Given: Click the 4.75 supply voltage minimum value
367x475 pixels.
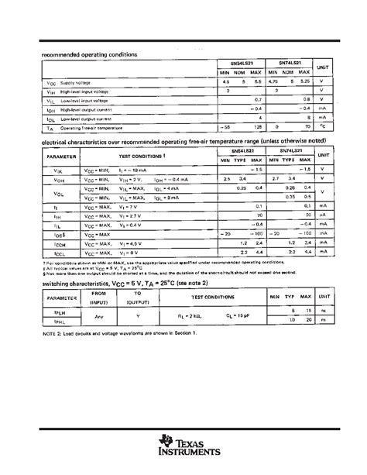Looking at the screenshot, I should pyautogui.click(x=284, y=81).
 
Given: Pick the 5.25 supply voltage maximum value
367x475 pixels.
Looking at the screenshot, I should pyautogui.click(x=307, y=81).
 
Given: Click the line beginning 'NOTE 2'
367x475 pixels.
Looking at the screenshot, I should pyautogui.click(x=121, y=332).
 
